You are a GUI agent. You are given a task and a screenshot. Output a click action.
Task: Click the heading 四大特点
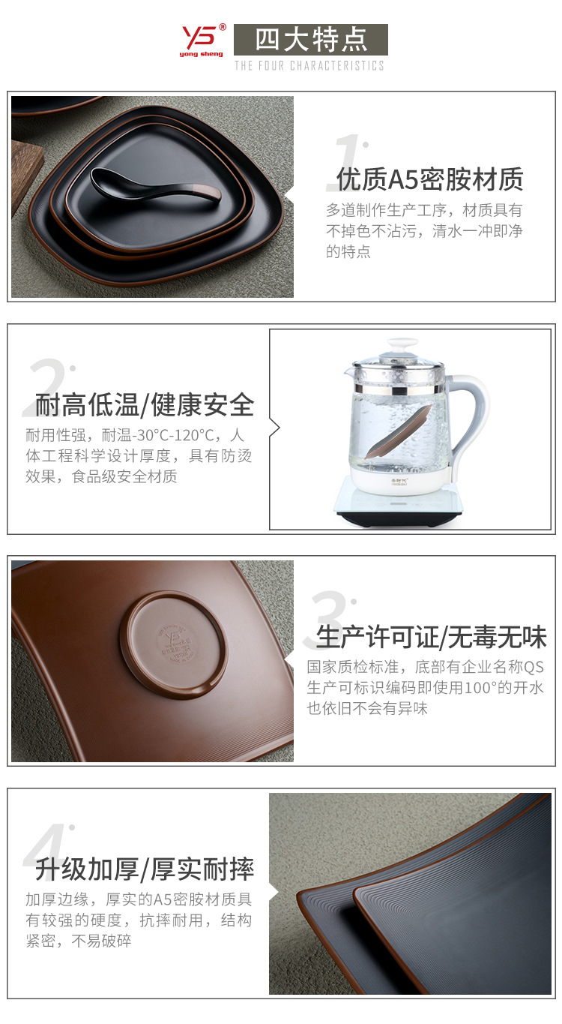pos(310,40)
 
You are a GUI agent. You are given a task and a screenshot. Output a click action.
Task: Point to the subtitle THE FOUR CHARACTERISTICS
pos(309,66)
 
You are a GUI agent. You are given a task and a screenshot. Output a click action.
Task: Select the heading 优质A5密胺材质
pos(429,180)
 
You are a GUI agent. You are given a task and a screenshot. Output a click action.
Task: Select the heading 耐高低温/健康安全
pos(145,405)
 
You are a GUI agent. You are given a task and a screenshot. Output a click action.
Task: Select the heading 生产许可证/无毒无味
pos(432,637)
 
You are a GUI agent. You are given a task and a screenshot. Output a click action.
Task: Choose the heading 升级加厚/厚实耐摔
pos(145,869)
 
